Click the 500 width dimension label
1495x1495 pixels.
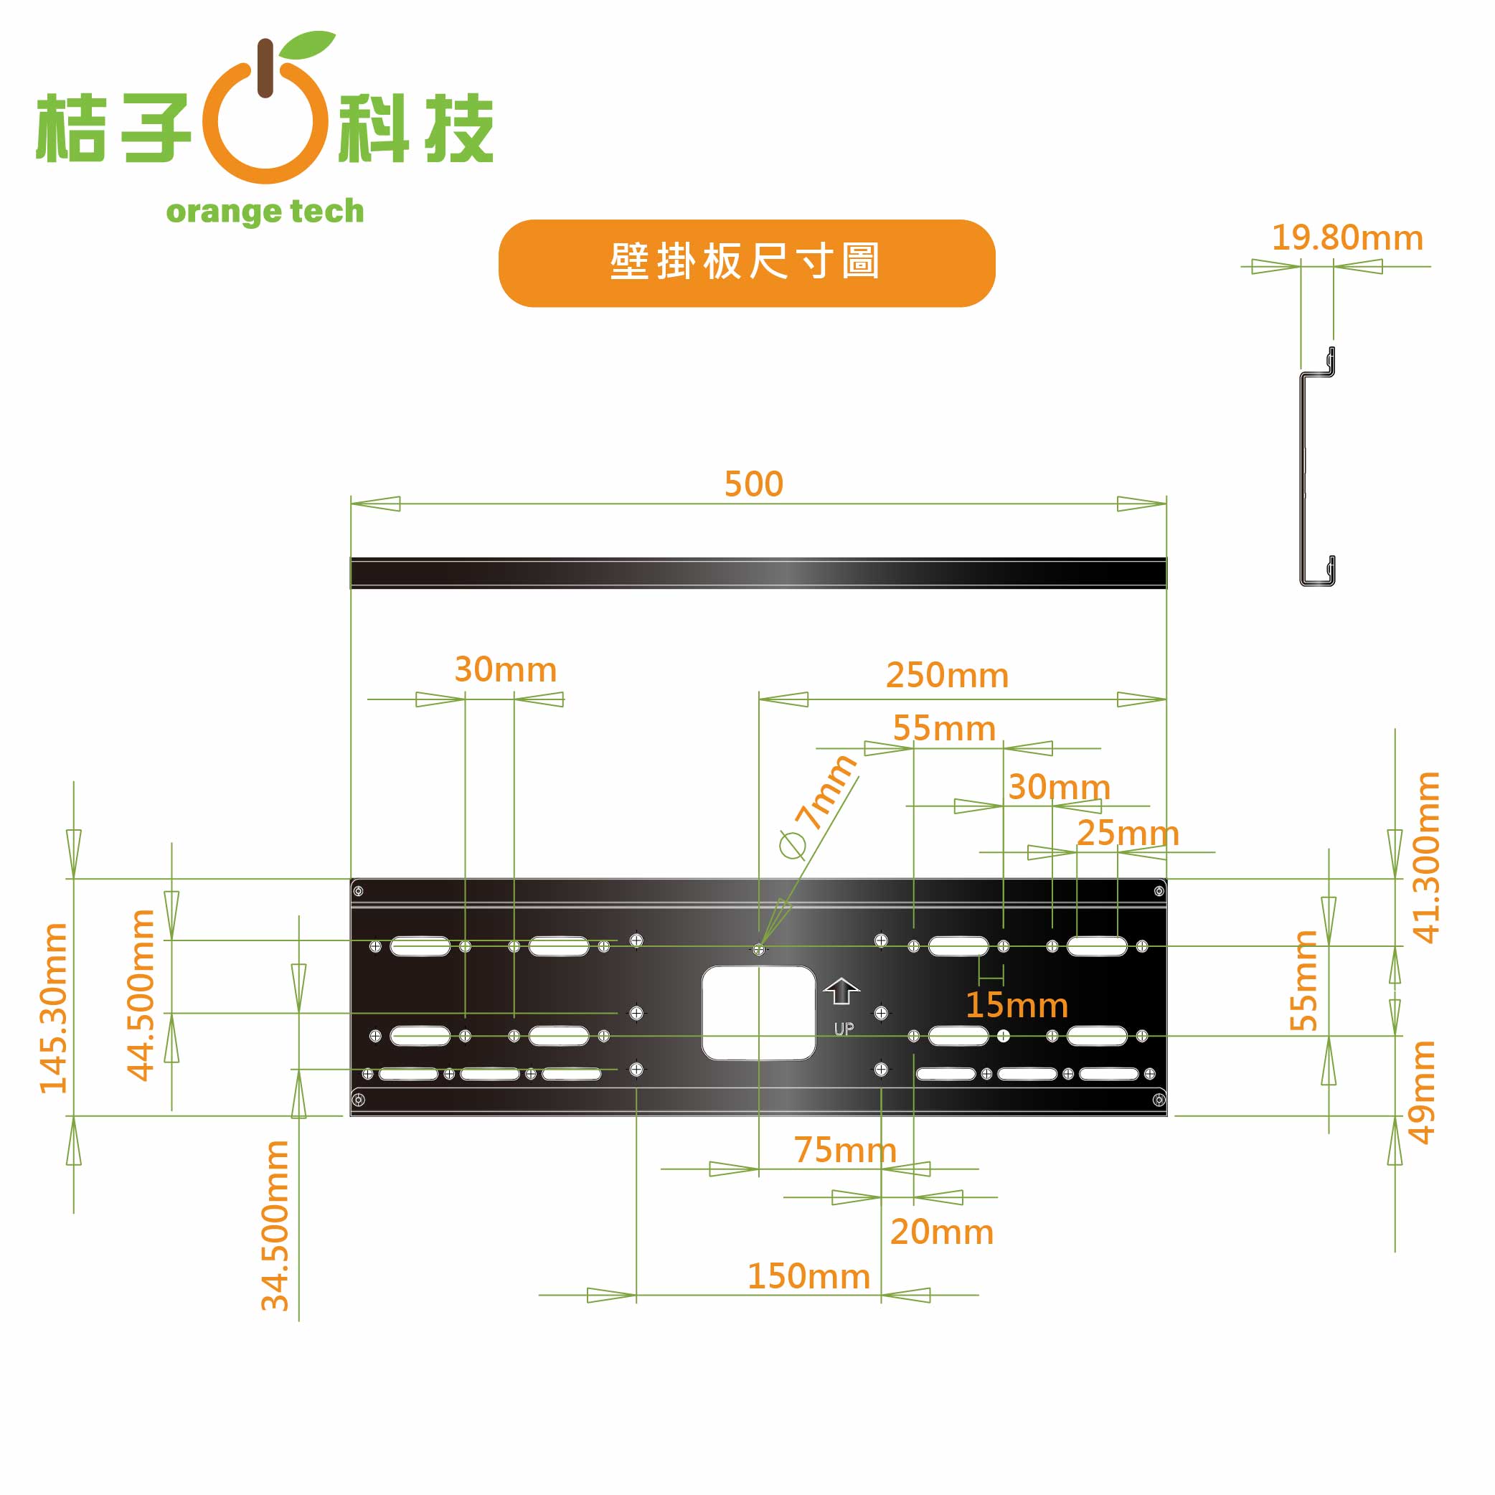tap(754, 484)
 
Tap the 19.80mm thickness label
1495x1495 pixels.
tap(1347, 237)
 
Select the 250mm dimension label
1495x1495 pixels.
tap(947, 676)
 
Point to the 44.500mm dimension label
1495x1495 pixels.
tap(141, 995)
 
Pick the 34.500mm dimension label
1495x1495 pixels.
tap(276, 1225)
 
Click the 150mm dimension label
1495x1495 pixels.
tap(808, 1277)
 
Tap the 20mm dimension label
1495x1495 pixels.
tap(942, 1232)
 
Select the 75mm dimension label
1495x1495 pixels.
tap(845, 1150)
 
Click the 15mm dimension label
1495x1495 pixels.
tap(1017, 1005)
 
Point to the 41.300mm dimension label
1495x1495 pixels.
tap(1426, 857)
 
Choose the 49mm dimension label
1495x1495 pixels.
tap(1423, 1092)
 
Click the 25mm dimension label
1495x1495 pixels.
tap(1128, 834)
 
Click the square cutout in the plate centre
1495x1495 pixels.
tap(758, 1013)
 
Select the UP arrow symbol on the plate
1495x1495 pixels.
tap(841, 991)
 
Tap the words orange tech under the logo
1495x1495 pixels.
tap(265, 211)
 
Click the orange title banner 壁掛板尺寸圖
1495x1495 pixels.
tap(747, 263)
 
